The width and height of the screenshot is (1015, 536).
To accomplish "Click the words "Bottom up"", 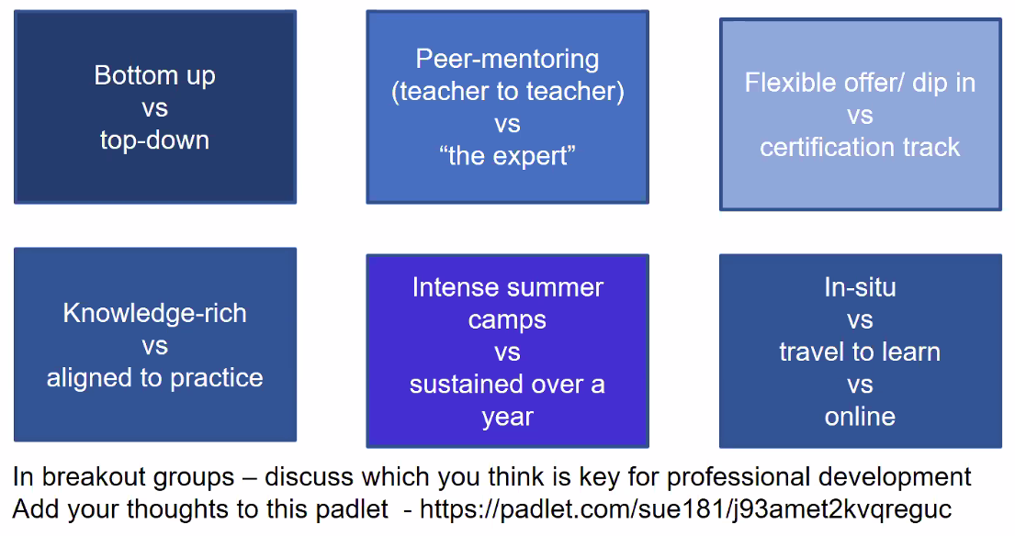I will click(x=154, y=75).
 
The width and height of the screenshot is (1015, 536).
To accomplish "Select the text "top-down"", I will click(x=154, y=140).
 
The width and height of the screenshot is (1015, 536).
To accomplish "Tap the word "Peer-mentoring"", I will click(x=507, y=60).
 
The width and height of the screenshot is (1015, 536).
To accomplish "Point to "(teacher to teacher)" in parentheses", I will click(x=507, y=92).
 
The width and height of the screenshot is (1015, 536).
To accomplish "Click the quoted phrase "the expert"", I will click(x=507, y=156).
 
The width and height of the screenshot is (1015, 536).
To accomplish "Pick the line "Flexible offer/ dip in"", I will click(x=860, y=83).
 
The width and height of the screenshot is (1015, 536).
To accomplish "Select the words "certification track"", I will click(x=860, y=148).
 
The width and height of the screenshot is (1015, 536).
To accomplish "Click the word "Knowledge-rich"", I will click(x=154, y=313).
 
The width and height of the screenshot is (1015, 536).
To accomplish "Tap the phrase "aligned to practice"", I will click(x=154, y=378).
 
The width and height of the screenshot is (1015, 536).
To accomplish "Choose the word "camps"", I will click(x=507, y=320).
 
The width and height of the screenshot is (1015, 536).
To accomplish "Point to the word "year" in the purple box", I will click(x=507, y=418).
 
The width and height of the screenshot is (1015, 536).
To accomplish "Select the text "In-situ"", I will click(x=860, y=287).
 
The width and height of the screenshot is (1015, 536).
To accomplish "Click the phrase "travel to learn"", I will click(x=860, y=352).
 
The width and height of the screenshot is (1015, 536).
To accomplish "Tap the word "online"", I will click(x=860, y=417).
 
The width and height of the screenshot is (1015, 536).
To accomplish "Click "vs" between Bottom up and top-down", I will click(x=154, y=108).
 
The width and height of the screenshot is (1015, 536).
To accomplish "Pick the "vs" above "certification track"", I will click(x=860, y=116).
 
